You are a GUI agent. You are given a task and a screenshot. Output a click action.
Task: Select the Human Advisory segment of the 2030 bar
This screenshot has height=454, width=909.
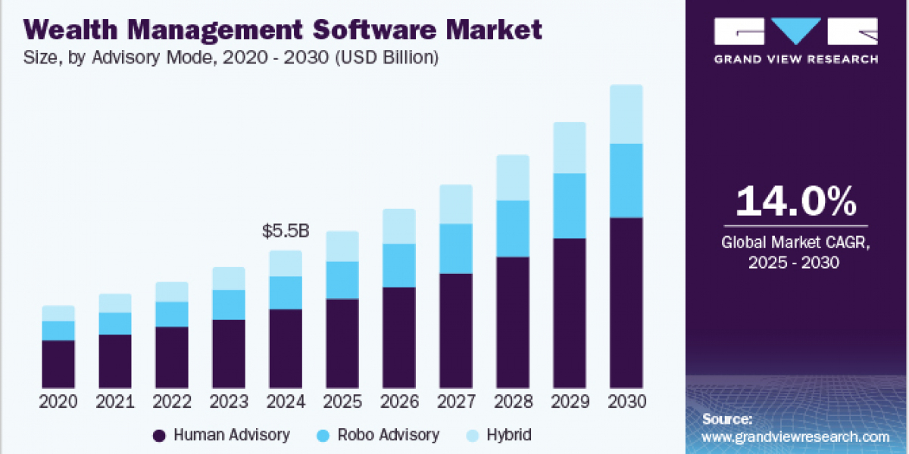click(x=626, y=303)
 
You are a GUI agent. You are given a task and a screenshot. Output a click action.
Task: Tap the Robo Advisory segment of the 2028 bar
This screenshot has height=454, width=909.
click(x=512, y=229)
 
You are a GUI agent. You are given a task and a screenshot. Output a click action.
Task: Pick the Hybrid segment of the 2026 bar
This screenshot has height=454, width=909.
click(x=398, y=226)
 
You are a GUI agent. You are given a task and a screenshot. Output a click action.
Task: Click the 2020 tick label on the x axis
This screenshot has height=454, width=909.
click(x=58, y=402)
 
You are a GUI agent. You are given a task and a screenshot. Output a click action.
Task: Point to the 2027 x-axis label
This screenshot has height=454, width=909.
click(x=456, y=402)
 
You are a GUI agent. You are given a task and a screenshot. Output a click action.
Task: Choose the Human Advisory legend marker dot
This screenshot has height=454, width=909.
click(x=159, y=435)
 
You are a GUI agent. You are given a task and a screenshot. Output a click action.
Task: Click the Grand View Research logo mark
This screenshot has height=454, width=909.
click(x=796, y=32)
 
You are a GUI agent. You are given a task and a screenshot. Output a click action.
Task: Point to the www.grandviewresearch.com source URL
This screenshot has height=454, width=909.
click(x=795, y=437)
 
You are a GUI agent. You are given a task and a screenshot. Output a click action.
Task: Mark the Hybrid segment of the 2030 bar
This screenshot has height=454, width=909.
click(x=626, y=114)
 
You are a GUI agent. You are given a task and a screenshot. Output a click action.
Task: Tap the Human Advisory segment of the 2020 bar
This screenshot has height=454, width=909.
click(x=58, y=364)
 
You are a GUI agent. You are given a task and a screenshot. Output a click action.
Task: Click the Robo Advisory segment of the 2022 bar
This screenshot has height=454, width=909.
click(x=172, y=314)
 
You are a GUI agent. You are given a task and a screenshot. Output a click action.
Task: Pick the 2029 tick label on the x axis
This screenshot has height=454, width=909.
click(x=570, y=402)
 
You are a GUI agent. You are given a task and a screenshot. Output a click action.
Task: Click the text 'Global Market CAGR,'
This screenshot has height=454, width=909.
click(x=796, y=243)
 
